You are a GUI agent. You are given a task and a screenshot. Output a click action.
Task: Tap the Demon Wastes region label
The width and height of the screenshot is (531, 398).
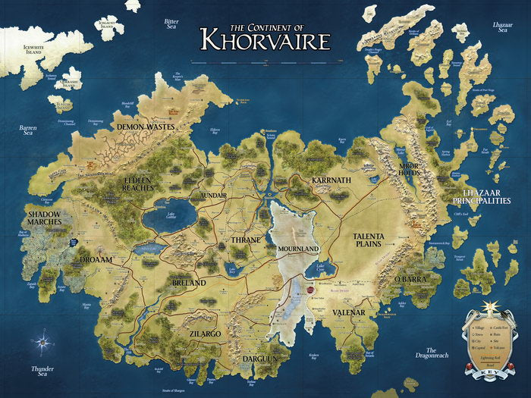(x=145, y=127)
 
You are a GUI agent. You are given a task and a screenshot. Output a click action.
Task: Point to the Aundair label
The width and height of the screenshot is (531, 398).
(x=213, y=195)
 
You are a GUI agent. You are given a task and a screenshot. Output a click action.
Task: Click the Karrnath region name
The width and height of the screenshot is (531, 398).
(x=331, y=180)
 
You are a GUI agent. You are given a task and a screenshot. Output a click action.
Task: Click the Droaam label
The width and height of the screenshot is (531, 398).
(x=96, y=259)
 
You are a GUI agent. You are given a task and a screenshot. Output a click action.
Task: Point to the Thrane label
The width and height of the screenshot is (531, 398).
(x=246, y=240)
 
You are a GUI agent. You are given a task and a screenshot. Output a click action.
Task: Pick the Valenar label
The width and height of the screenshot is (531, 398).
(x=349, y=312)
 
